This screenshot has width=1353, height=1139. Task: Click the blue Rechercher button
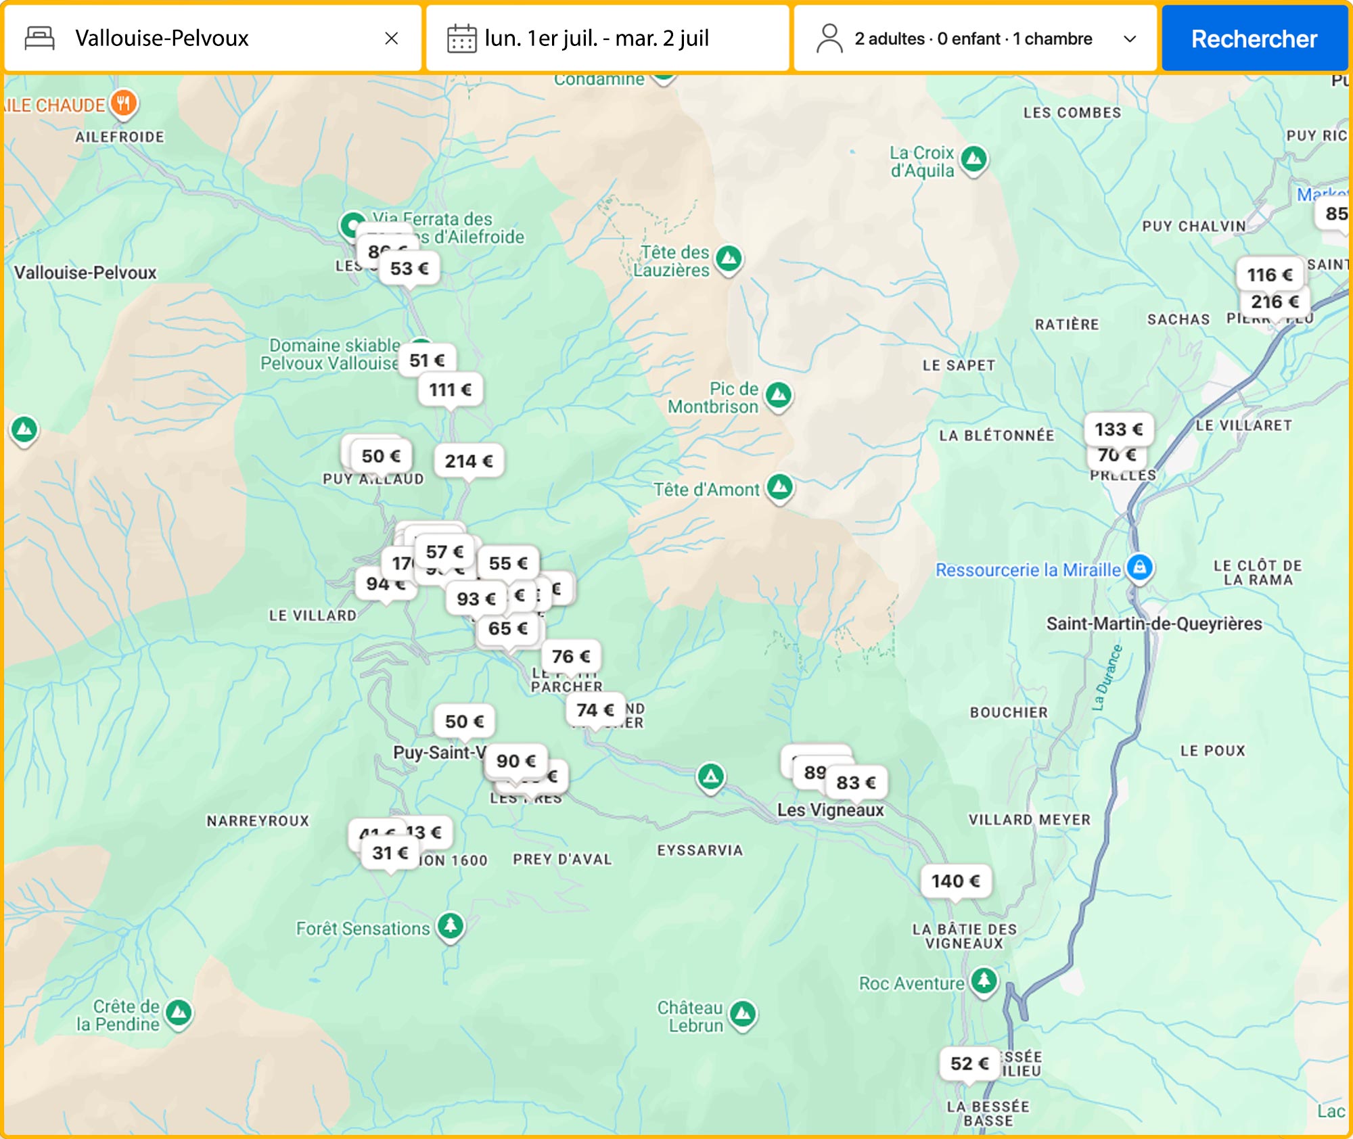click(1254, 39)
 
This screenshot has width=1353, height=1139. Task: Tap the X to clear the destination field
click(391, 39)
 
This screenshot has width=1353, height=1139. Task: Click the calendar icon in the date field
click(461, 39)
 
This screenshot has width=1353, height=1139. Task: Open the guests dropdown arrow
click(1129, 39)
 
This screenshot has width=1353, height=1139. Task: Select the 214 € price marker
click(468, 461)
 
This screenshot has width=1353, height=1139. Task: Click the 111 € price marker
click(450, 390)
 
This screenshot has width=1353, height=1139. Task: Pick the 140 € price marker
click(955, 881)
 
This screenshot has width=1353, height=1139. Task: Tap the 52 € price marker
click(969, 1063)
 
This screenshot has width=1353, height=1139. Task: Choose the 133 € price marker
click(1118, 429)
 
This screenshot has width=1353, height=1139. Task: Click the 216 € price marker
click(1275, 302)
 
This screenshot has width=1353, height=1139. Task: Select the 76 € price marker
click(571, 656)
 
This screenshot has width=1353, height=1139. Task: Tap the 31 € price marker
click(390, 853)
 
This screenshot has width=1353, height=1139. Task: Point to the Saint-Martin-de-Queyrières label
click(1153, 624)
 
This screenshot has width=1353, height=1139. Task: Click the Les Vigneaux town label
click(830, 810)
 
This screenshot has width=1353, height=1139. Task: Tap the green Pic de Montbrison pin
click(779, 394)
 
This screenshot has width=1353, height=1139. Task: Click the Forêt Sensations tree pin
click(451, 925)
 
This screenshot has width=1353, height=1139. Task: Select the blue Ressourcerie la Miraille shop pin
click(1139, 567)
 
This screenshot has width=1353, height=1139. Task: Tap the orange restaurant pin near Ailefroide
click(123, 103)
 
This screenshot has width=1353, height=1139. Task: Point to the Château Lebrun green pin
click(743, 1013)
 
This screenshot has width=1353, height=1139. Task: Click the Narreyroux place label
click(258, 820)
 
